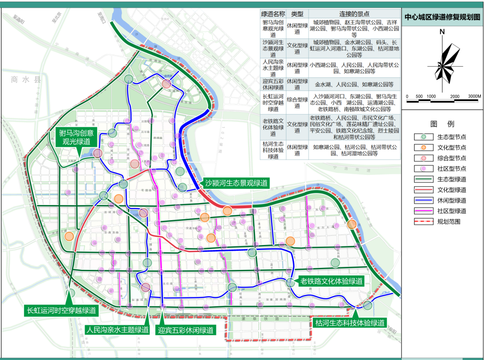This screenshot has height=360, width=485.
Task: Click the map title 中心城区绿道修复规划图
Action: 442,18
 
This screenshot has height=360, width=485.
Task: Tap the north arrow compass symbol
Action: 443,60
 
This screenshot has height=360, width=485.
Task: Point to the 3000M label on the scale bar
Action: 474,96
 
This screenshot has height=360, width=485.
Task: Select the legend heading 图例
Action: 442,124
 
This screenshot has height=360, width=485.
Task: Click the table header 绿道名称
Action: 273,14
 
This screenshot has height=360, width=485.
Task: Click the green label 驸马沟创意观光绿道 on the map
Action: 76,138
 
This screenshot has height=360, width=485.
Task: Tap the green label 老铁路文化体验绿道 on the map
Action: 331,281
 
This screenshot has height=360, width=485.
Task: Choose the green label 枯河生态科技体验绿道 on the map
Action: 350,323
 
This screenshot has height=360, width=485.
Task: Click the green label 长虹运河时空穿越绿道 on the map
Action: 61,310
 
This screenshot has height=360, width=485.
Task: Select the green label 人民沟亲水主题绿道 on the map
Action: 118,330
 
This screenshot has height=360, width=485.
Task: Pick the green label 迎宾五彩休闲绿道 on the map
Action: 186,330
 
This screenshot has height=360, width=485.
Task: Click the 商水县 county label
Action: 27,80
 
